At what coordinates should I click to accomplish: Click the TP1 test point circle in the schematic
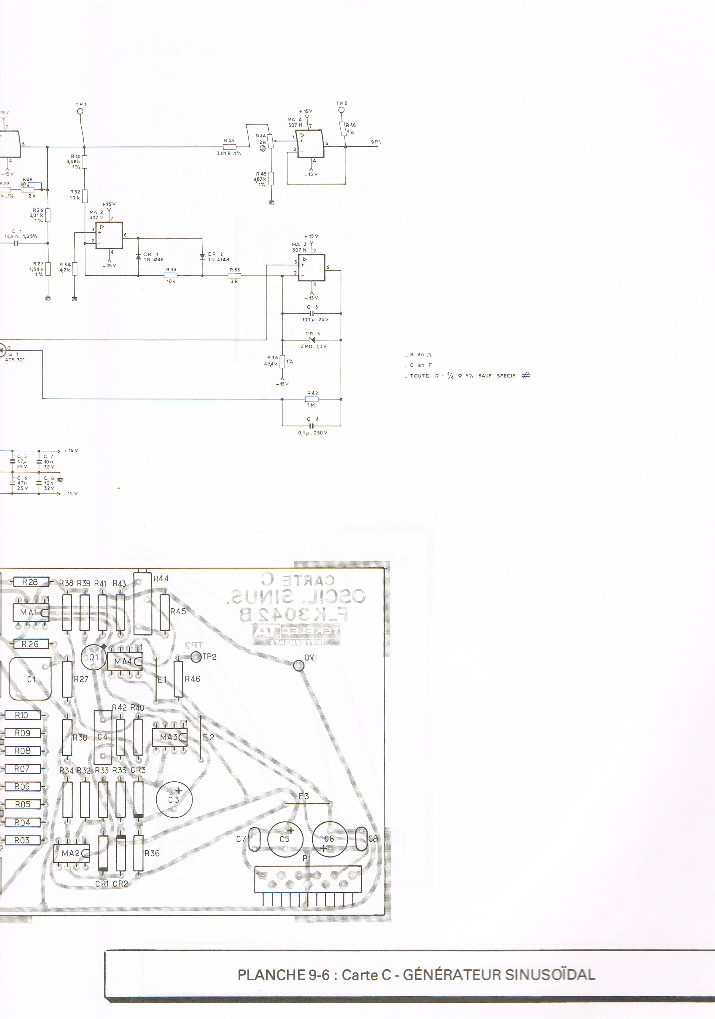tap(80, 112)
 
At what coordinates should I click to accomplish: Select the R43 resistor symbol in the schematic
tap(229, 147)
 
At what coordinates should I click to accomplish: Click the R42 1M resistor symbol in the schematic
tap(312, 399)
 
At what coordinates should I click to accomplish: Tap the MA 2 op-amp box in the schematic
tap(109, 236)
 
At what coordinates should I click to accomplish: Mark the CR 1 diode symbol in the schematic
tap(138, 257)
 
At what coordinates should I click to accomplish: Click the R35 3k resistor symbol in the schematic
tap(234, 276)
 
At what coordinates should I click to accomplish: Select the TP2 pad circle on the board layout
tap(196, 657)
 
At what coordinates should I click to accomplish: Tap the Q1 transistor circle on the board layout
tap(94, 657)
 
